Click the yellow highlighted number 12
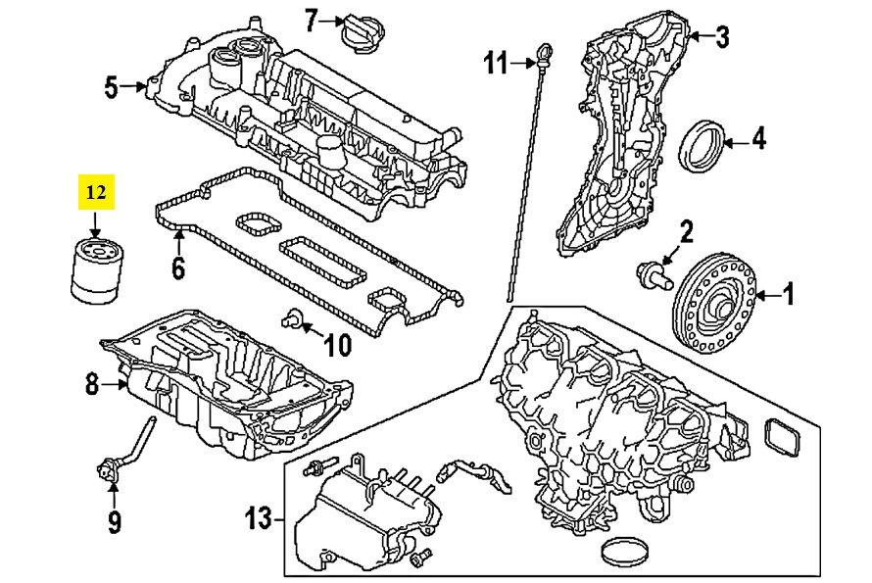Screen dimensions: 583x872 [x=96, y=193]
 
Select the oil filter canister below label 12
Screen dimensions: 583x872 [x=94, y=269]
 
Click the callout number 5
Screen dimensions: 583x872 [x=111, y=88]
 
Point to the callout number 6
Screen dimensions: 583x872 [x=177, y=266]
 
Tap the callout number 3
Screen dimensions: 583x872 [x=722, y=38]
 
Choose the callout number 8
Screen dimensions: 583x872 [x=92, y=385]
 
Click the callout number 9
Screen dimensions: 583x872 [x=115, y=523]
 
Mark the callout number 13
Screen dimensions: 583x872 [x=258, y=517]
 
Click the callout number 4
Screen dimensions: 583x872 [x=758, y=141]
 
